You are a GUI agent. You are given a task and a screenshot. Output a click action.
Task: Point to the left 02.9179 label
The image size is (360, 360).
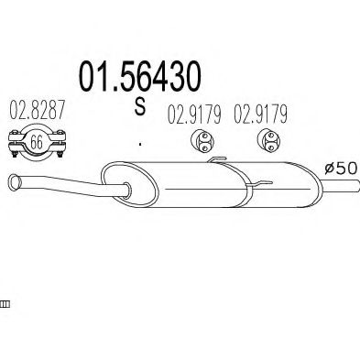point(194,116)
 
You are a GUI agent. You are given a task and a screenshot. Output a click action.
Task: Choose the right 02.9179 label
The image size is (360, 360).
point(262,116)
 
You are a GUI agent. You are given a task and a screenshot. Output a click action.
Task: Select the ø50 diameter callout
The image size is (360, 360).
point(340,169)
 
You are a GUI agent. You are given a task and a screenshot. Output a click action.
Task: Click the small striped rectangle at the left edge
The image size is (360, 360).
point(4,305)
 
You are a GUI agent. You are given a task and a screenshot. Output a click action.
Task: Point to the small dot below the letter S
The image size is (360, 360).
point(140,143)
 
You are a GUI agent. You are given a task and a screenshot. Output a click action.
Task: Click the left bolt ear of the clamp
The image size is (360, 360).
point(16,141)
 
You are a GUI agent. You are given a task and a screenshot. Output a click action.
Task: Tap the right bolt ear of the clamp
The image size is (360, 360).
point(58,141)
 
